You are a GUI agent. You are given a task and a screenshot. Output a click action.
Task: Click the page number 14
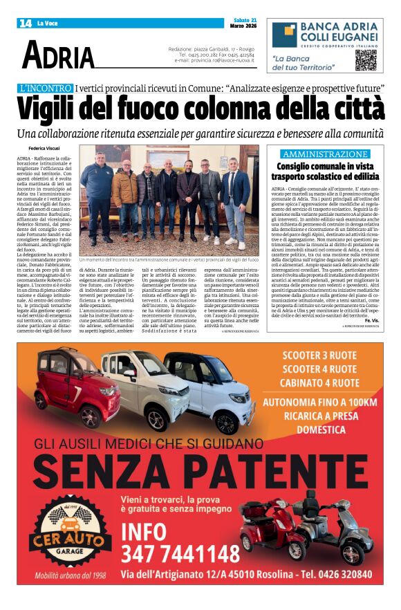coord(26,24)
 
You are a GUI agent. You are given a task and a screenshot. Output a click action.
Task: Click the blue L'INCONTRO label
coord(46,89)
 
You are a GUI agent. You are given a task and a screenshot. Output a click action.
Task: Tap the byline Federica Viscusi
coord(44,149)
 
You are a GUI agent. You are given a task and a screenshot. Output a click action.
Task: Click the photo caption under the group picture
coord(169,260)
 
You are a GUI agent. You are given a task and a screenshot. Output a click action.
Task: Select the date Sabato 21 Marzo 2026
coord(243,24)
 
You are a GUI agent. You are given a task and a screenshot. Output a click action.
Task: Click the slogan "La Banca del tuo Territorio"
coord(303,64)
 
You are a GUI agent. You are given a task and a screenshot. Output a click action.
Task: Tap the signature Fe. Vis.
coord(373,321)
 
